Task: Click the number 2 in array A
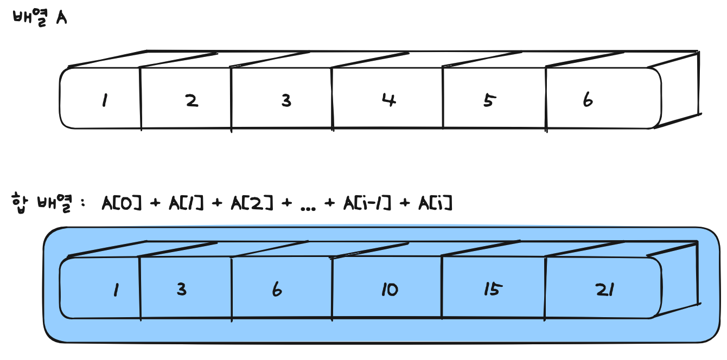click(x=192, y=100)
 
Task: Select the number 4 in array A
click(x=388, y=100)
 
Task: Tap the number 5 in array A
click(x=489, y=100)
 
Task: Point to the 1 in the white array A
click(x=103, y=101)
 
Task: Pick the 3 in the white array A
click(x=286, y=100)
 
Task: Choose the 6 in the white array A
click(x=588, y=100)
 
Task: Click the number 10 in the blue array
click(x=389, y=290)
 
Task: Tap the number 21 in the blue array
click(x=604, y=290)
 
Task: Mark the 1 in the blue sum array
click(x=115, y=291)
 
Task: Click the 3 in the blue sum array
click(x=181, y=290)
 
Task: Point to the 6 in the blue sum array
click(x=277, y=290)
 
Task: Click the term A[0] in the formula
click(x=121, y=204)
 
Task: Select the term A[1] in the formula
click(x=186, y=204)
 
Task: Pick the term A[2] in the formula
click(x=252, y=204)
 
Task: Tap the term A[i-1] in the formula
click(x=367, y=204)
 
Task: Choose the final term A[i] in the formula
click(x=435, y=204)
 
